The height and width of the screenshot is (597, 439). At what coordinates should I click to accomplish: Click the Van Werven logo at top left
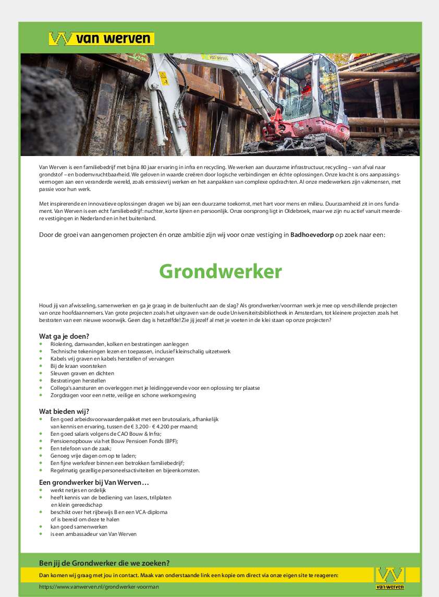point(101,39)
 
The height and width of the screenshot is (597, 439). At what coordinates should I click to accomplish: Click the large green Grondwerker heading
point(220,272)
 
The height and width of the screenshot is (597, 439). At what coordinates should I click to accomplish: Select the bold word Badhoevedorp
point(312,235)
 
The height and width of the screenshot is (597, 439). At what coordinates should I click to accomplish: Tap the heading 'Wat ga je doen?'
point(64,336)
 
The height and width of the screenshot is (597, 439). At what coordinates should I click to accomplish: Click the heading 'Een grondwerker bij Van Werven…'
point(94,482)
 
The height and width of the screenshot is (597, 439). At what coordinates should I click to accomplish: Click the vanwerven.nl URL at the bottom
point(99,587)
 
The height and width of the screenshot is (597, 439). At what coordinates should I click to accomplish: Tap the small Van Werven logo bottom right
point(390,578)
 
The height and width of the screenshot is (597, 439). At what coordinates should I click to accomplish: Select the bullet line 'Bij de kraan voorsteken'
point(78,366)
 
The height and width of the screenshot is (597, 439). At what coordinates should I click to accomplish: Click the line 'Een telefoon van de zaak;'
point(81,448)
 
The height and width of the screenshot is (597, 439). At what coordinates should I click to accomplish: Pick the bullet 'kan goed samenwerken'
point(79,527)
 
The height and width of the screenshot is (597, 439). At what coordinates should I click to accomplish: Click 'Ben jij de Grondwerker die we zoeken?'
point(104,563)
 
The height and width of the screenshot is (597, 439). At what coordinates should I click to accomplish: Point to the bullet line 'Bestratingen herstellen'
point(78,381)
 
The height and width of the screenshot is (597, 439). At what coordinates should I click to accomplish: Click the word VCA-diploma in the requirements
point(151,512)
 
